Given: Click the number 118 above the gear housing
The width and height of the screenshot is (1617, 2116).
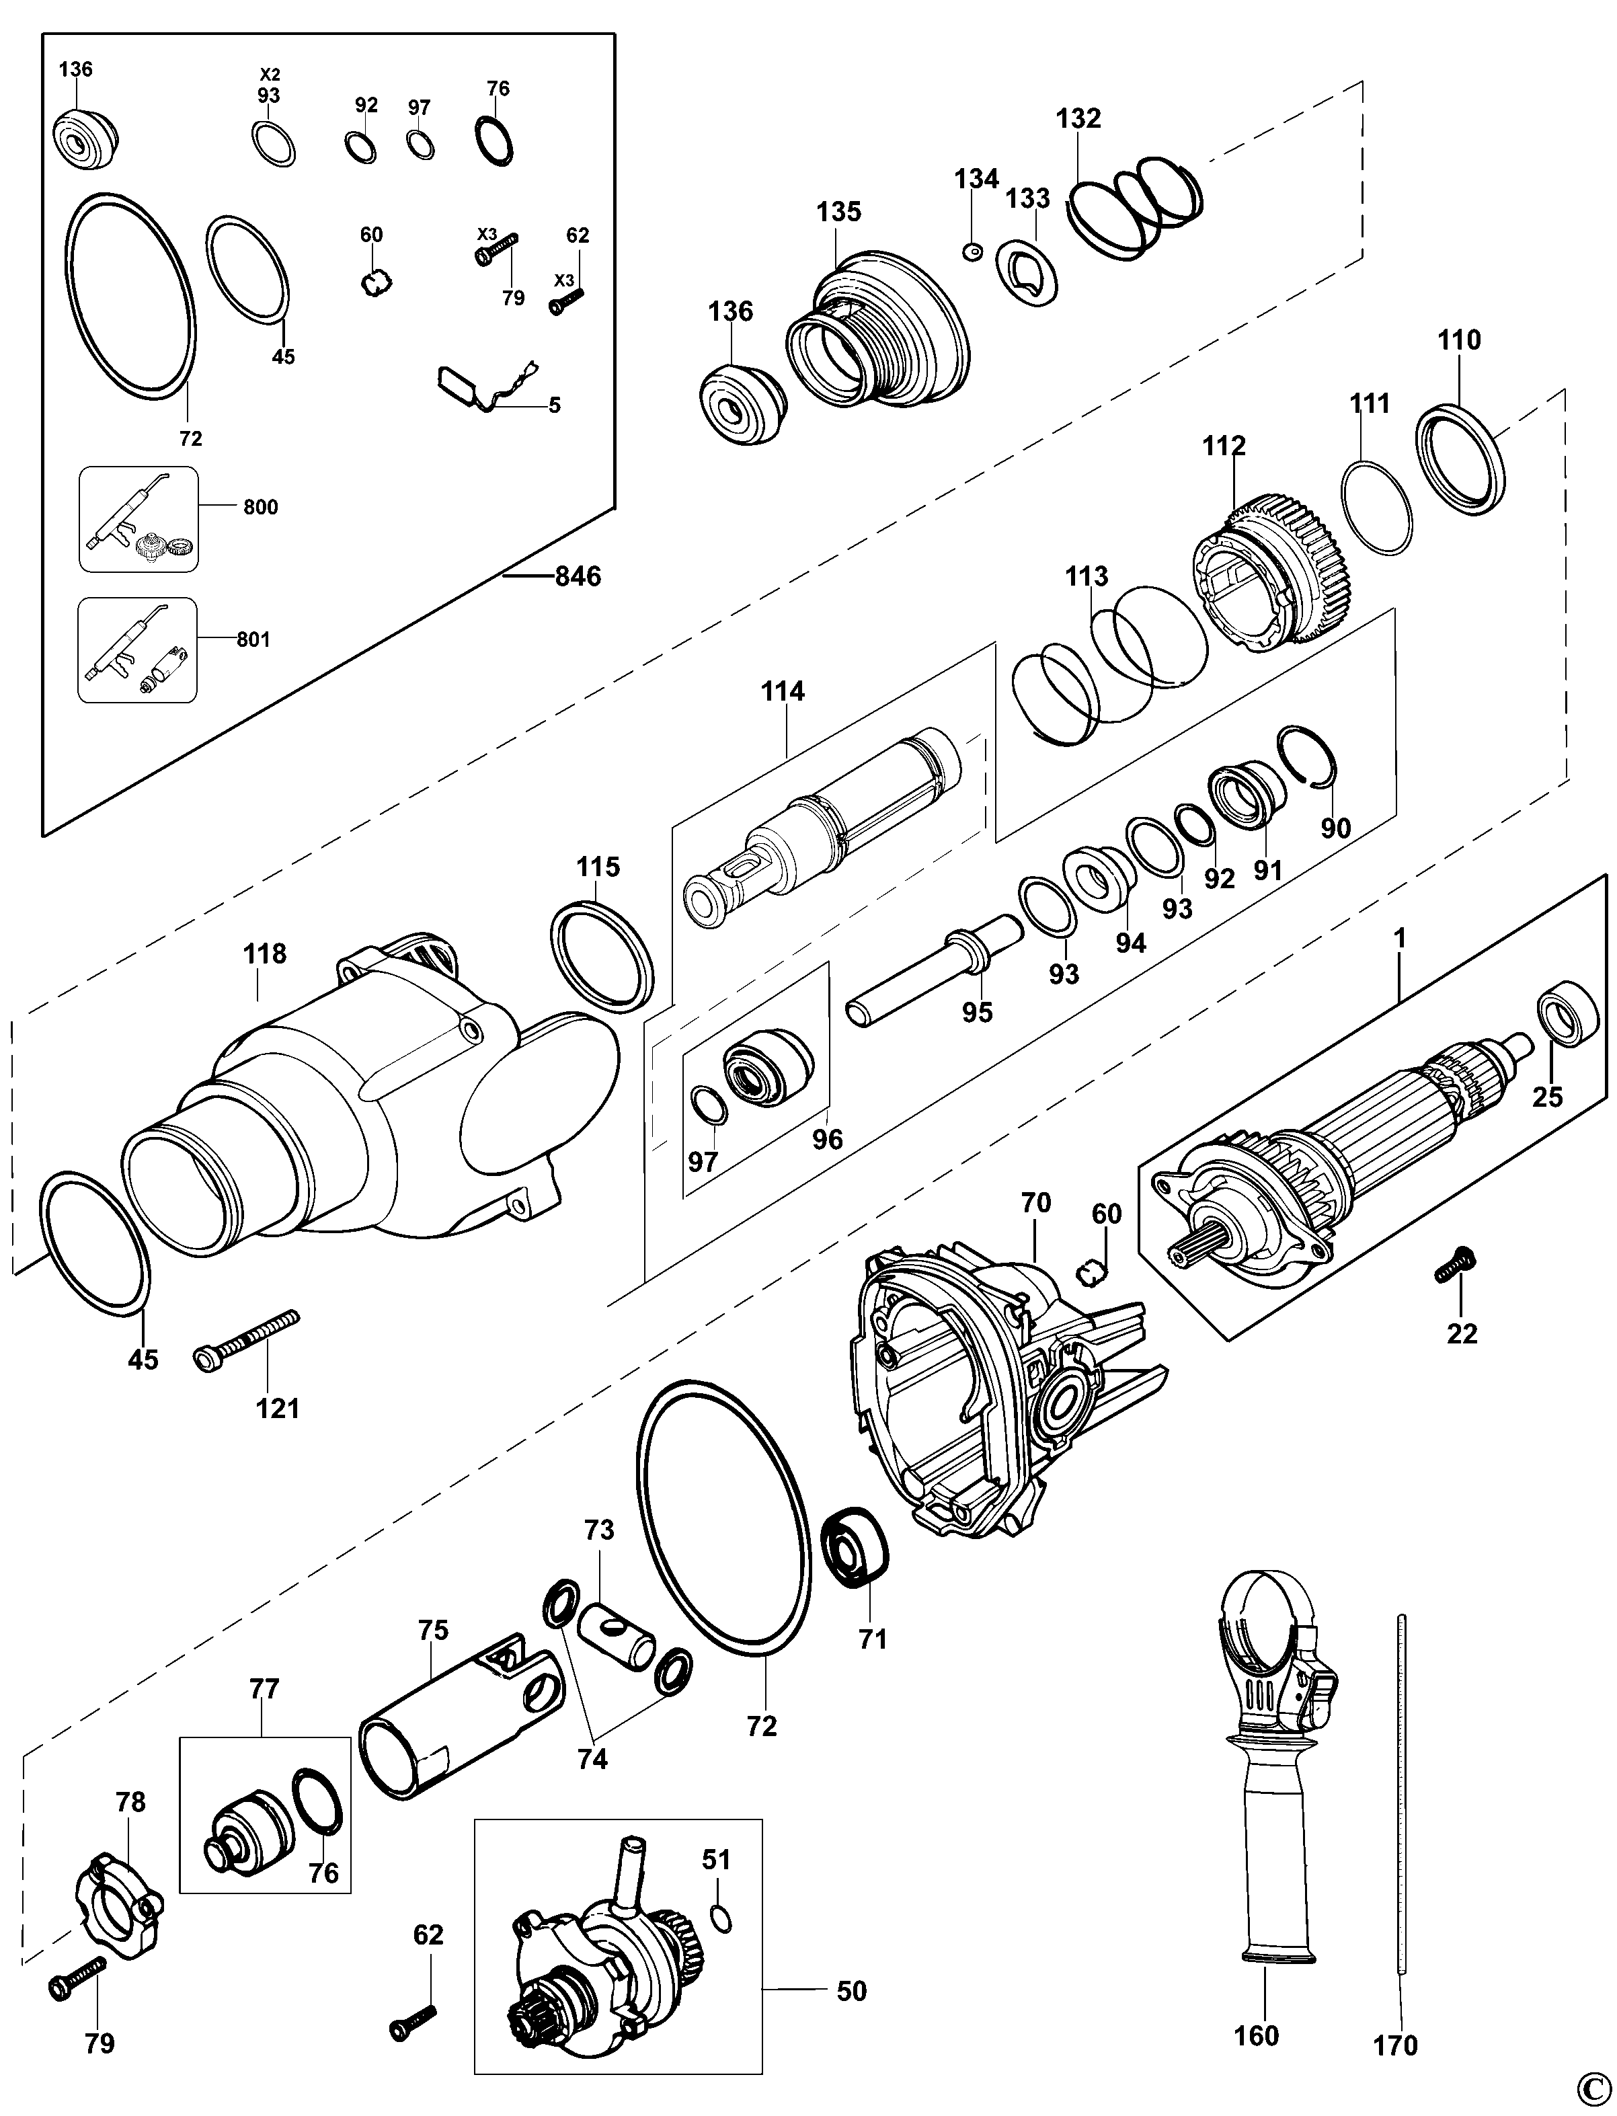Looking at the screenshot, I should tap(265, 954).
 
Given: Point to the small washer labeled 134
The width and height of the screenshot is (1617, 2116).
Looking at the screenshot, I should tap(972, 251).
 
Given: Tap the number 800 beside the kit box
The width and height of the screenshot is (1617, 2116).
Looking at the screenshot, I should tap(260, 508).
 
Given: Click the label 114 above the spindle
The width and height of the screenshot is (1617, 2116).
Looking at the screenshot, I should tap(783, 691).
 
